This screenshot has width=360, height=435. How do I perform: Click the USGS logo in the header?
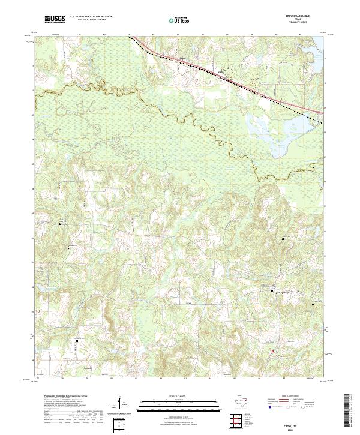(55, 19)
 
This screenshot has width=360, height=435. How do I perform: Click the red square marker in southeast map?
(272, 351)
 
